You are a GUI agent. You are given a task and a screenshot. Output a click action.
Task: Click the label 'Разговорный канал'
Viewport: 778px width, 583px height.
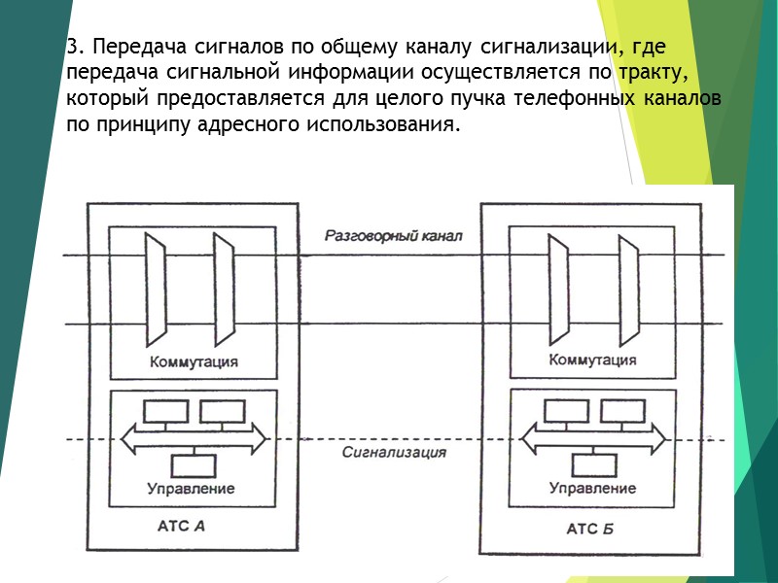point(394,236)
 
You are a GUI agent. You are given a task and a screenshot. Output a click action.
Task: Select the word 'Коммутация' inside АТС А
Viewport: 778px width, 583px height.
point(194,361)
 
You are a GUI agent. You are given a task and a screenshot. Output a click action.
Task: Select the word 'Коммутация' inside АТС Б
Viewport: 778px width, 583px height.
point(593,360)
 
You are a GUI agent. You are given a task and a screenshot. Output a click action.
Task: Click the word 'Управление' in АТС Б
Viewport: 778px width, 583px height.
point(593,488)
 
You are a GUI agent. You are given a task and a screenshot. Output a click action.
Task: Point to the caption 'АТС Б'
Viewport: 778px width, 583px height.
point(590,530)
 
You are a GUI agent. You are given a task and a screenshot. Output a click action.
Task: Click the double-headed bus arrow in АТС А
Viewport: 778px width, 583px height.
point(194,439)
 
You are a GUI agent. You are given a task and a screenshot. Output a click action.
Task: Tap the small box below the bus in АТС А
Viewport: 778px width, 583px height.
point(194,464)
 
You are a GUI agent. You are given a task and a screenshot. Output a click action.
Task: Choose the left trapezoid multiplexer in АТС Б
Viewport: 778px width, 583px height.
point(558,291)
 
